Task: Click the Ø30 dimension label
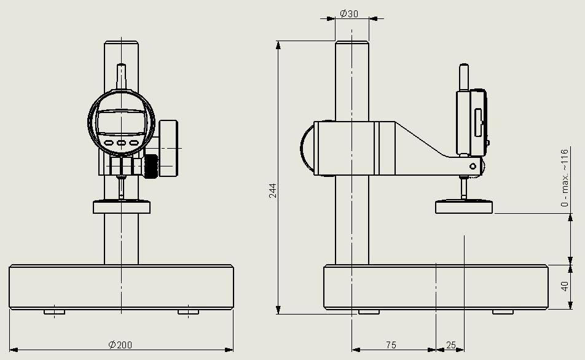(349, 14)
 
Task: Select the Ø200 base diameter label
(120, 345)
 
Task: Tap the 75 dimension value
(391, 345)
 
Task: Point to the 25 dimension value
(451, 345)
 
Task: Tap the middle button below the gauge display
(121, 143)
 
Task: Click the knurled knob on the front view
(151, 166)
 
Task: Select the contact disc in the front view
(122, 207)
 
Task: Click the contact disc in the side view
(465, 207)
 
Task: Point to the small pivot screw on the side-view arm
(472, 166)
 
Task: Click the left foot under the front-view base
(55, 312)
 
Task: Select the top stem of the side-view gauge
(463, 78)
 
